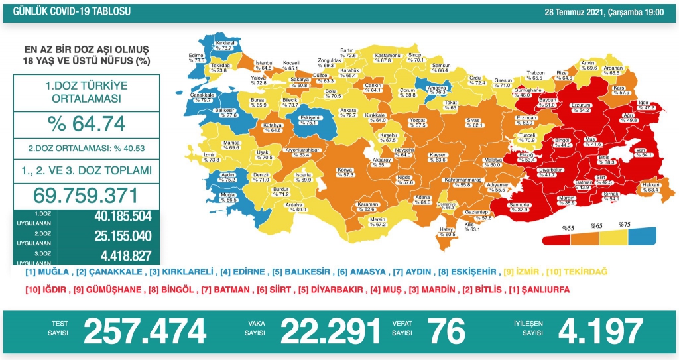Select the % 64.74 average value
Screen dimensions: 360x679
click(x=86, y=124)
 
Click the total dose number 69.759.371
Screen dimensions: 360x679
click(x=86, y=196)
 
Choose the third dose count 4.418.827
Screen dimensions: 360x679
click(x=114, y=255)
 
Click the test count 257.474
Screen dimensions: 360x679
click(x=144, y=330)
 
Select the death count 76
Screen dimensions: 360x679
click(x=446, y=330)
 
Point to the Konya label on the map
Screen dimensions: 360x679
click(x=345, y=171)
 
